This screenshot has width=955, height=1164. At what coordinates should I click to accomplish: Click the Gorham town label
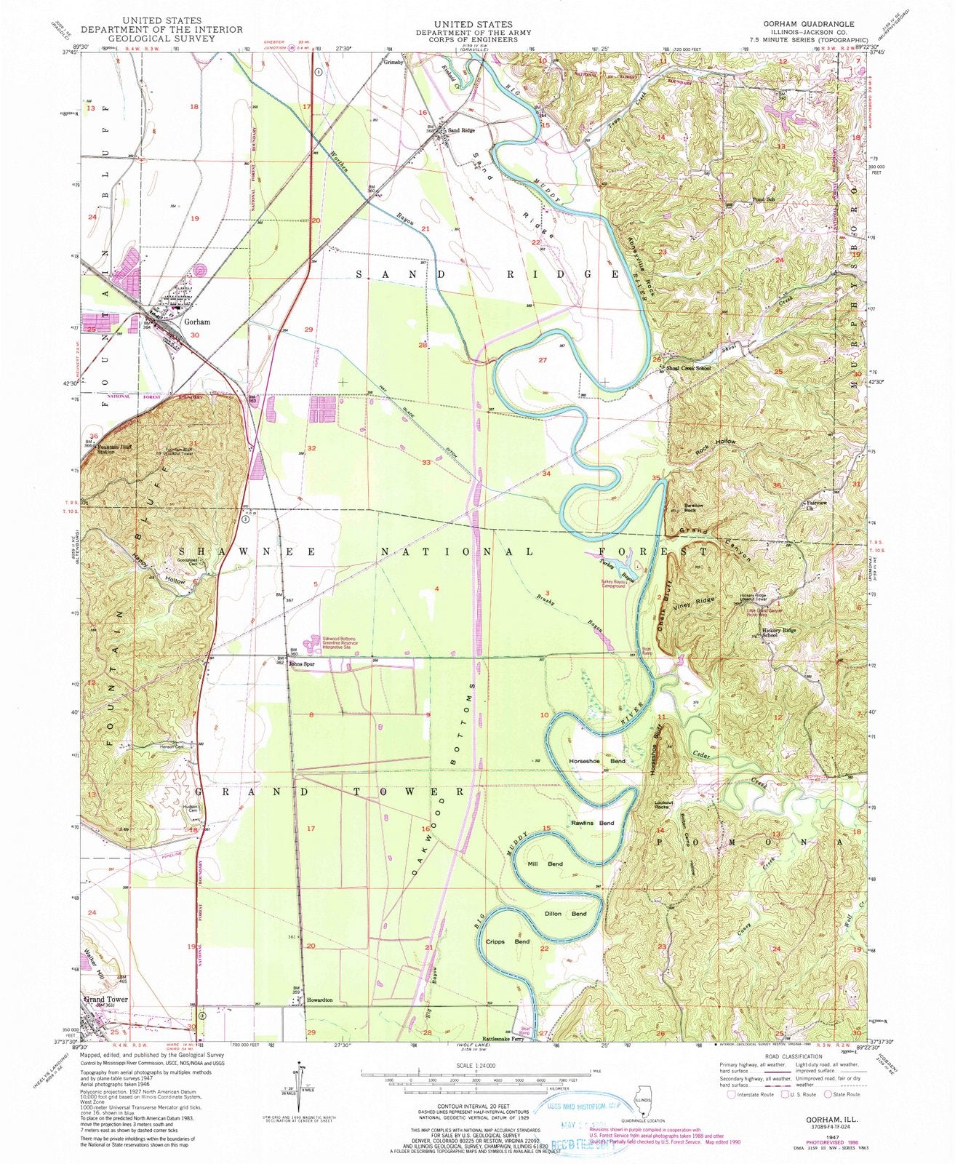click(197, 322)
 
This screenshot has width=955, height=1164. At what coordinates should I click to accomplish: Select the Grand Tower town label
click(106, 1000)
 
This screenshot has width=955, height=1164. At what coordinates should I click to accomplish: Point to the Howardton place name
click(319, 1000)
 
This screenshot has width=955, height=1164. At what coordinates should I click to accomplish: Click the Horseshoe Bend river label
click(596, 761)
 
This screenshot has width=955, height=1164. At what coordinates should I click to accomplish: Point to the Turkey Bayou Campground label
click(612, 584)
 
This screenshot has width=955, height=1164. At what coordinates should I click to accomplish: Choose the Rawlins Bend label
click(593, 823)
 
